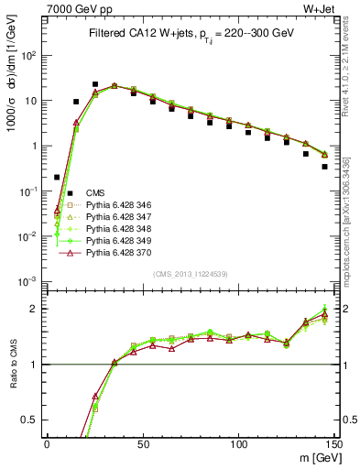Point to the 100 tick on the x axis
point(238,442)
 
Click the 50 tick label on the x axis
point(143,442)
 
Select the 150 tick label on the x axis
point(333,442)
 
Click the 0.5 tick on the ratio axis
point(31,420)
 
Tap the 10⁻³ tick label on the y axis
point(29,281)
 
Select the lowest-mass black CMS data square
point(57,177)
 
